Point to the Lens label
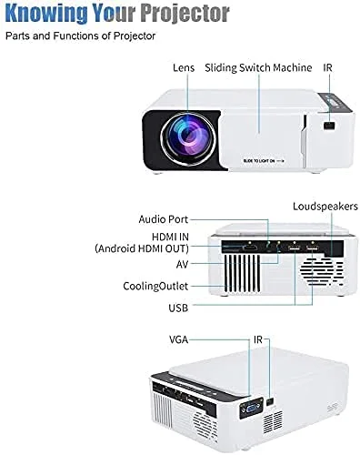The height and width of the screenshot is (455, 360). [x=184, y=68]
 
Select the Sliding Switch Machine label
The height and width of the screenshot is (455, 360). [x=258, y=68]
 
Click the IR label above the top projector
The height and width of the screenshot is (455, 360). [x=329, y=68]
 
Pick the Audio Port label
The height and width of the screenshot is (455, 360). [x=165, y=219]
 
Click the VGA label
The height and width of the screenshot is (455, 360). [x=180, y=338]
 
